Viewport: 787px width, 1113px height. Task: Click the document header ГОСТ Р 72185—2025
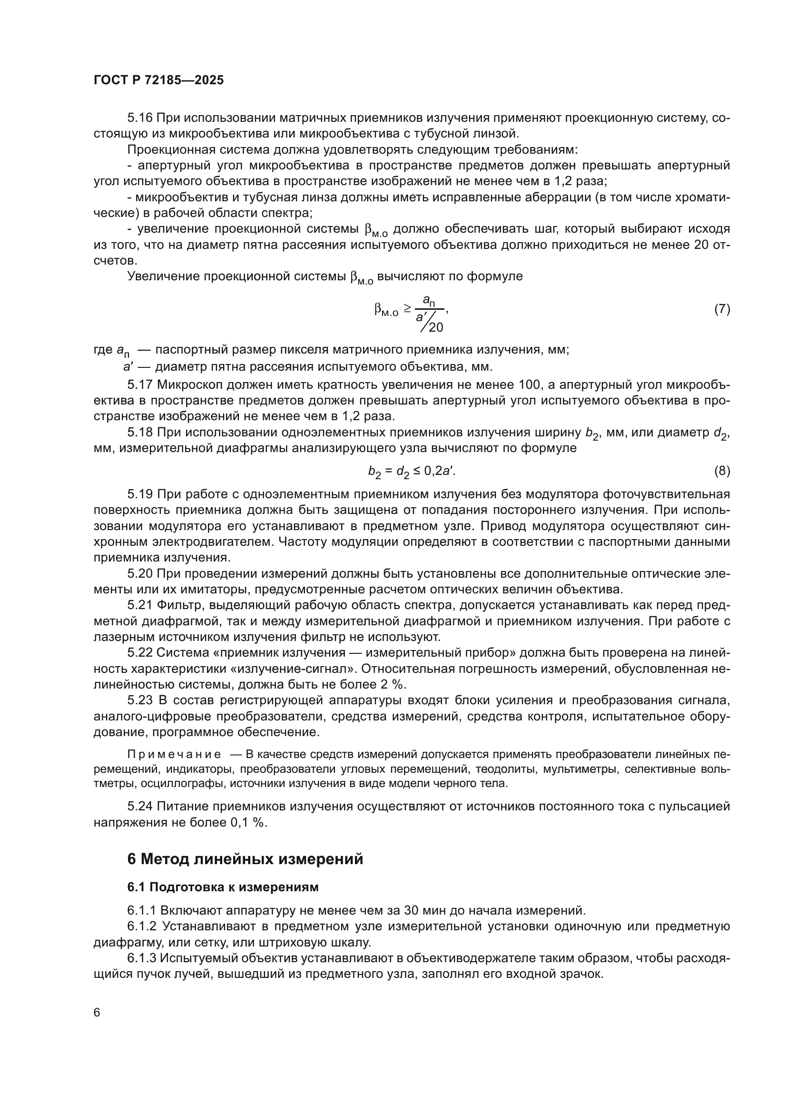click(x=158, y=80)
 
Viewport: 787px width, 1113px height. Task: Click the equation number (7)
click(x=722, y=309)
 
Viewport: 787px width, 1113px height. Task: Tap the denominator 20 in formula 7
click(x=436, y=328)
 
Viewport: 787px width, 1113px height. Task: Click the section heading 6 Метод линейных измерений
click(x=245, y=859)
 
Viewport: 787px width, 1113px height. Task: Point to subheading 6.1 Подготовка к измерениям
click(x=223, y=887)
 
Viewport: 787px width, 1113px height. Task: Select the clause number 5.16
click(x=140, y=118)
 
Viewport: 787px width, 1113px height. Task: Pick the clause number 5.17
click(x=140, y=385)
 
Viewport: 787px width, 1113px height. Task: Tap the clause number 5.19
click(x=140, y=494)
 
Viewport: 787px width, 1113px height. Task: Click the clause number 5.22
click(x=140, y=653)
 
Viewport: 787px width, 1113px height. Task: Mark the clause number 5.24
click(x=140, y=806)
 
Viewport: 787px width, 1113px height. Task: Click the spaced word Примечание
click(x=175, y=754)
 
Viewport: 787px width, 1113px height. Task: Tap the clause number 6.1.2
click(x=142, y=926)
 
